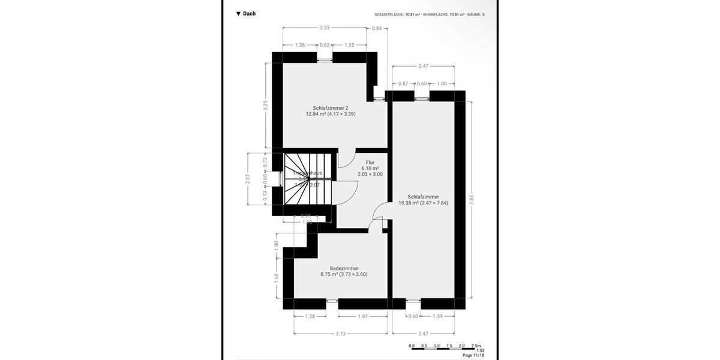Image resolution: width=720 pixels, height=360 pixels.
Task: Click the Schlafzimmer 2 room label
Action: coord(331,108)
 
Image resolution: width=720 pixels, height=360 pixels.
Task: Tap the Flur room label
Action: coord(370,162)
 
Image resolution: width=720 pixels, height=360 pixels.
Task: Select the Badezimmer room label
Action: coord(344,268)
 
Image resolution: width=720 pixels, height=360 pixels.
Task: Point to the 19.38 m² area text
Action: coord(423,203)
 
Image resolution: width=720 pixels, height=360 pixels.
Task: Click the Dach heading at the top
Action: coord(246,13)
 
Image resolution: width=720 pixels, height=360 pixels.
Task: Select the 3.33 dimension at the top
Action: coord(325,28)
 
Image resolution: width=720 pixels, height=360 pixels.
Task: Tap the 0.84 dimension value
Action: coord(377,28)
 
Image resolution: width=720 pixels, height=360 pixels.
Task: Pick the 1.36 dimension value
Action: coord(300,45)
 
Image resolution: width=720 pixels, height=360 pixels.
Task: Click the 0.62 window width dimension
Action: coord(325,45)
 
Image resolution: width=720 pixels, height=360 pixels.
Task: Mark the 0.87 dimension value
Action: coord(403,83)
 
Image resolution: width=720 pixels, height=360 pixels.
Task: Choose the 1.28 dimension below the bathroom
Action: coord(310,316)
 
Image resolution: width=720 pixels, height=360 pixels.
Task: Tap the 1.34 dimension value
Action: coord(437,316)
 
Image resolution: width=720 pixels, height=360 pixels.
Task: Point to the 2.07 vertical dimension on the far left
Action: coord(247,179)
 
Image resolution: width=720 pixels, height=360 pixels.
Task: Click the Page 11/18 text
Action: coord(473,355)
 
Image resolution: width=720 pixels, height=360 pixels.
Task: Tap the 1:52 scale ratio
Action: coord(480,350)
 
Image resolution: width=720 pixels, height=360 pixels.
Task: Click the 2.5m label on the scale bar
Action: coord(476,346)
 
